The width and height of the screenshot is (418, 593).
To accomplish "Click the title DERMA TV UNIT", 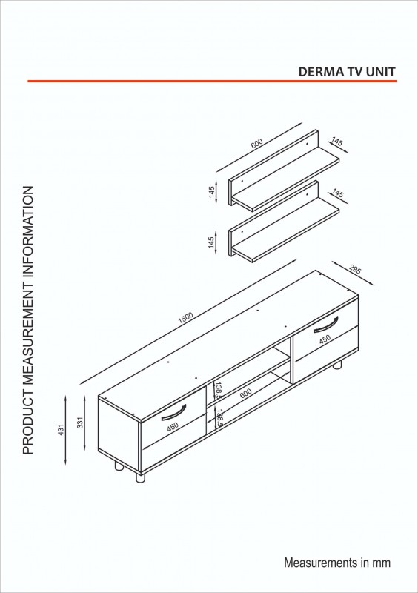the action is tap(347, 72).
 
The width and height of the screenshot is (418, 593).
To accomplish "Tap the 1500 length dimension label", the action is tap(185, 317).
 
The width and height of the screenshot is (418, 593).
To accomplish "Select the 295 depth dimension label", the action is tap(355, 270).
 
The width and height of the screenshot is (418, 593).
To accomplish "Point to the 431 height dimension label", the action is tap(62, 429).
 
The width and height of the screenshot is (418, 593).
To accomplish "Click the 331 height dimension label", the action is tap(80, 423).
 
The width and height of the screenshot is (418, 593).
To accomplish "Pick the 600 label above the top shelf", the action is tap(256, 143).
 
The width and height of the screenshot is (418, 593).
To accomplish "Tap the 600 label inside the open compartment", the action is tap(245, 394).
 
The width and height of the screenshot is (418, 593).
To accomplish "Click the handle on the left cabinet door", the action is tap(173, 412).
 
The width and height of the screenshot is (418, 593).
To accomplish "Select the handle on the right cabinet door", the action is tap(325, 324).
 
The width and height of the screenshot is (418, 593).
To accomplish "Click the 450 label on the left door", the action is tap(172, 427).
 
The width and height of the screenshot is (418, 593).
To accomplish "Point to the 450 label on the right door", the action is tap(325, 339).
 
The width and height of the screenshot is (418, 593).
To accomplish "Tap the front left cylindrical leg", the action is tap(140, 477).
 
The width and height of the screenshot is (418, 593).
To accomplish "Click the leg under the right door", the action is tap(336, 365).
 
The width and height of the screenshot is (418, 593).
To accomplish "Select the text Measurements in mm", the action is tap(337, 563).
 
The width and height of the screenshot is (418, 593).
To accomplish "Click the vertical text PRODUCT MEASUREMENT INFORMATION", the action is tap(28, 320).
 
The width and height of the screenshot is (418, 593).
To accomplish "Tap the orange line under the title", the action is tap(212, 81).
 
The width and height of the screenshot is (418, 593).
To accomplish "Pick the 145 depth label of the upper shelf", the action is tap(336, 142).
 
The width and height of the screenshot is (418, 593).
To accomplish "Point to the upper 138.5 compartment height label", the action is tap(219, 391).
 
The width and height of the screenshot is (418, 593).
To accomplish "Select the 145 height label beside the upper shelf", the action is tap(211, 191).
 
